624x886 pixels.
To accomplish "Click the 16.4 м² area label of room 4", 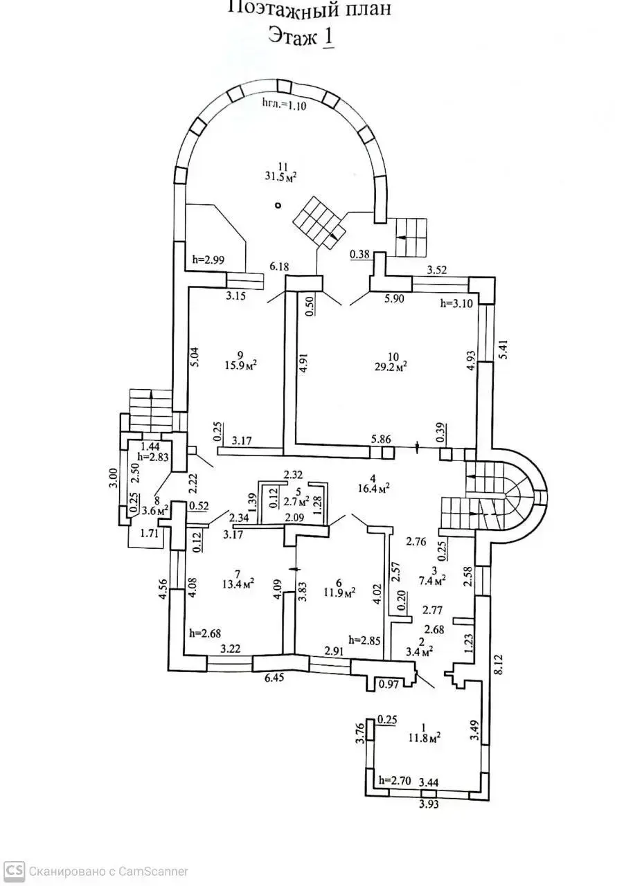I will click(x=373, y=488).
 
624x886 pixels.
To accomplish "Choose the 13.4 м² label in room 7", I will click(x=237, y=583).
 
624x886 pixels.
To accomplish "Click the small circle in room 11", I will click(x=278, y=205).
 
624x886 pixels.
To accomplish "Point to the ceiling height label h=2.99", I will click(x=207, y=260).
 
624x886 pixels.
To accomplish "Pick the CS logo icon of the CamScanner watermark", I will click(x=14, y=871).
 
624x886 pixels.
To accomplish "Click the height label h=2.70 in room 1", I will click(x=395, y=780).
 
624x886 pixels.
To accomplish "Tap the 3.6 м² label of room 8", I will click(x=155, y=510).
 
